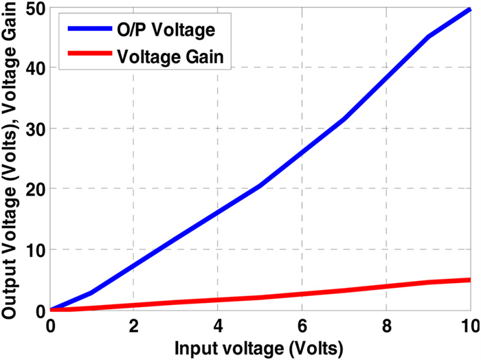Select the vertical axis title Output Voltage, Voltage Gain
click(x=12, y=158)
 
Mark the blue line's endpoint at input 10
click(x=470, y=10)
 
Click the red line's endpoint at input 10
click(x=470, y=280)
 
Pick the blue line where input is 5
click(x=260, y=186)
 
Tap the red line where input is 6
click(x=302, y=294)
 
